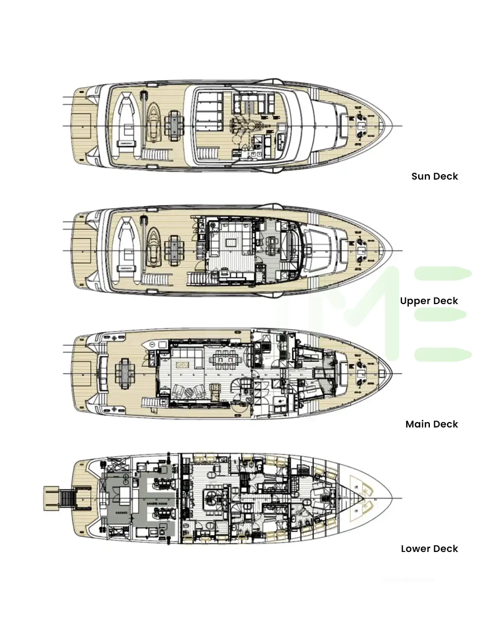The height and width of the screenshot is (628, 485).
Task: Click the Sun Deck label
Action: click(x=435, y=176)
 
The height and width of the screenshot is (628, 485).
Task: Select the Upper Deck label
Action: click(x=429, y=301)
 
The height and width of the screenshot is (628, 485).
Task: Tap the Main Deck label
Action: click(x=431, y=424)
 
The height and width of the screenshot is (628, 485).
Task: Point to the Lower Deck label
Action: click(x=429, y=548)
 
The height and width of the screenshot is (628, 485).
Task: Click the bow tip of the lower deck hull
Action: click(x=391, y=498)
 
